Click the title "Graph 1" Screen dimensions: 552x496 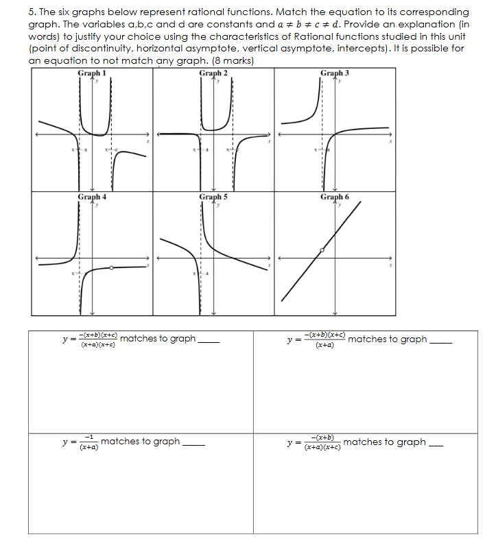(x=92, y=73)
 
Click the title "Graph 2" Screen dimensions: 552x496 (x=213, y=73)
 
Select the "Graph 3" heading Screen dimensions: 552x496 (x=335, y=73)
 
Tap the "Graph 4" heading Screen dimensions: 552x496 (x=92, y=197)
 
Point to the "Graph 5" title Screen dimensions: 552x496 (x=213, y=197)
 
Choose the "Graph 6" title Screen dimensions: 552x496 (x=335, y=197)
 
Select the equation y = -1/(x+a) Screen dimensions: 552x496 (x=80, y=442)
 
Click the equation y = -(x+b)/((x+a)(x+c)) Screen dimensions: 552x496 (x=315, y=442)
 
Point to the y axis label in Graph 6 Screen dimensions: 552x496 (x=339, y=205)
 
